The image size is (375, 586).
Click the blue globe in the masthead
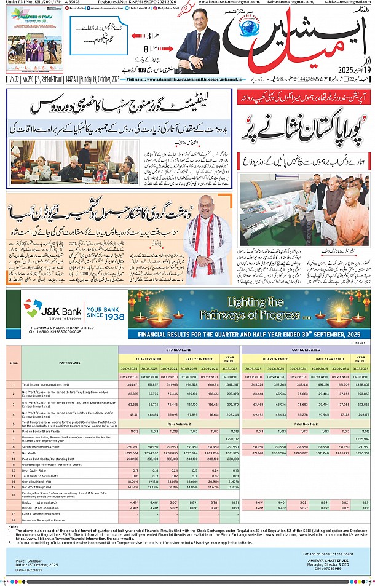click(x=253, y=30)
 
